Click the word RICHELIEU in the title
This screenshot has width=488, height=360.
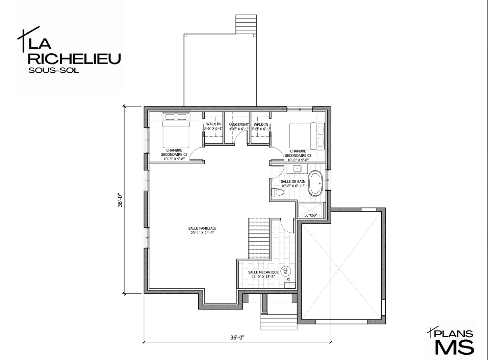coord(75,59)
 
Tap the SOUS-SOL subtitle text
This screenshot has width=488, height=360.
coord(53,71)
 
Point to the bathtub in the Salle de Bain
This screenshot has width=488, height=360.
coord(315,183)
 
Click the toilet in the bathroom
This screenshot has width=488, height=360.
coord(278,192)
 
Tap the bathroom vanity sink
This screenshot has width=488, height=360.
coord(297,169)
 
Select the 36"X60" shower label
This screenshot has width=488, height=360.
coord(310,215)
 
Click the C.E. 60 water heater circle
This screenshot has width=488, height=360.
coord(286,271)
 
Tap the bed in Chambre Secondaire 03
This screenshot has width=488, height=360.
coord(176,130)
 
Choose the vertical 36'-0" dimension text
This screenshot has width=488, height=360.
coord(120,200)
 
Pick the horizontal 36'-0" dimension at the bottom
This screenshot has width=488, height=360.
coord(237,338)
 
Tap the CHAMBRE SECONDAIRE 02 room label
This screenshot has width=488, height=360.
coord(298,153)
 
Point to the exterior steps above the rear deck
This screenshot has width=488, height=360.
coord(246,24)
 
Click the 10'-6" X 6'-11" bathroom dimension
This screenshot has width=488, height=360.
coord(293,186)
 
